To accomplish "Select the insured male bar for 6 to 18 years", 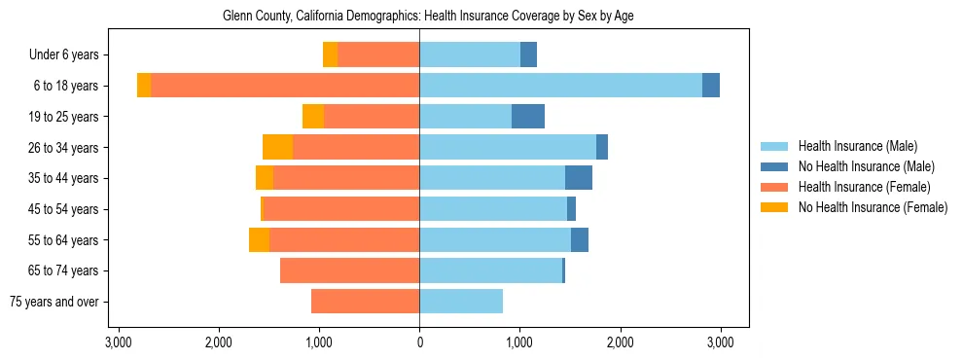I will coord(560,86).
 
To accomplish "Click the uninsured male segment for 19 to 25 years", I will coord(528,117).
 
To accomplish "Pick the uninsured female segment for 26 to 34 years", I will coord(277,148).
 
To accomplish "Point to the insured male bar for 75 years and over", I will coord(461,302).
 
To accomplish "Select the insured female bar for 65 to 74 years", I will coord(349,270).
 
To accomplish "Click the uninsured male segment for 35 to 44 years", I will coord(579,178).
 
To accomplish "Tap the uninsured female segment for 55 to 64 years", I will coord(259,240).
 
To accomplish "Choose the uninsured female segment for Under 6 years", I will coord(330,55).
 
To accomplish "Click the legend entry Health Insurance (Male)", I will coord(856,146).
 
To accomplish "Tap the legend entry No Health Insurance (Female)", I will coord(870,207).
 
